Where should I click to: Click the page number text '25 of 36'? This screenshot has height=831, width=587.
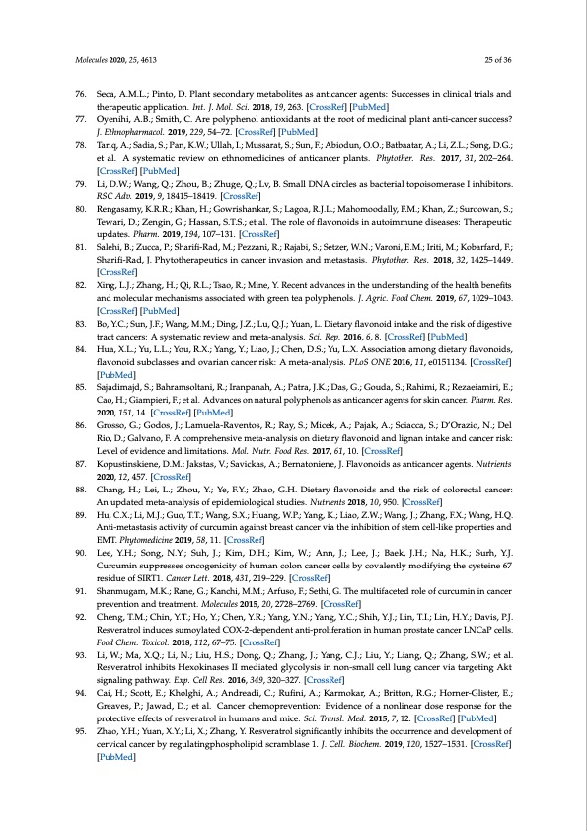[x=496, y=60]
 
